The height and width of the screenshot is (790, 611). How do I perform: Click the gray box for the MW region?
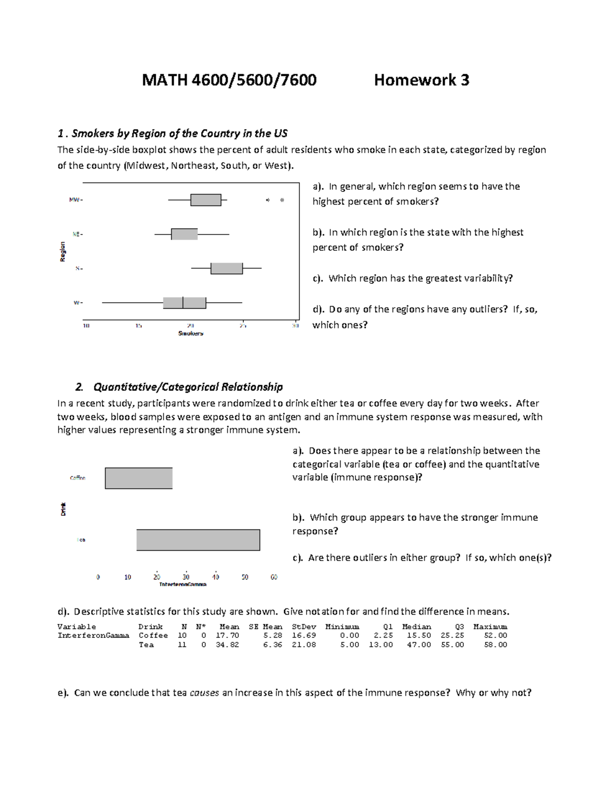tap(206, 200)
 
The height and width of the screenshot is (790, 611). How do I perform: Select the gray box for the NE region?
tap(184, 234)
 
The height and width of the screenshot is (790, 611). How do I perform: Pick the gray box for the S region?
tap(227, 268)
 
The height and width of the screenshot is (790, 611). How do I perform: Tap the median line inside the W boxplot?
tap(183, 302)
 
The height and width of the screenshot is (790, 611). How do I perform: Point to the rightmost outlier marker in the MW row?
tap(282, 200)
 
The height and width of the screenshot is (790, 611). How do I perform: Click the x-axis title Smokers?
tap(190, 334)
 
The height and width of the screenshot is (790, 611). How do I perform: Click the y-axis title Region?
tap(63, 251)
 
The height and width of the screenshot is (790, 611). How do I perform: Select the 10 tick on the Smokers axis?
tap(87, 326)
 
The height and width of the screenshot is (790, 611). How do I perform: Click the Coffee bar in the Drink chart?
tap(138, 478)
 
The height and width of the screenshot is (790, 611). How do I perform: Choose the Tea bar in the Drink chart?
tap(198, 540)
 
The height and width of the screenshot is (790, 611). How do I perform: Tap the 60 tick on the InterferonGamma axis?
tap(274, 577)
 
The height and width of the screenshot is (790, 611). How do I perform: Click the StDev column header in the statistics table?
tap(304, 627)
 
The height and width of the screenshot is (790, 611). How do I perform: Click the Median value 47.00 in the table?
tap(419, 645)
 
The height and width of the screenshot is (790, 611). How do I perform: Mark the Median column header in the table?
tap(416, 627)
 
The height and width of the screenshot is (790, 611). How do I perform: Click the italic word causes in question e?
tap(204, 692)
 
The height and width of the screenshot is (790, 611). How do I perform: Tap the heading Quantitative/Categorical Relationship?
tap(188, 387)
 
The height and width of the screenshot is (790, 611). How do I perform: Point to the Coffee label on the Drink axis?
tap(77, 478)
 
